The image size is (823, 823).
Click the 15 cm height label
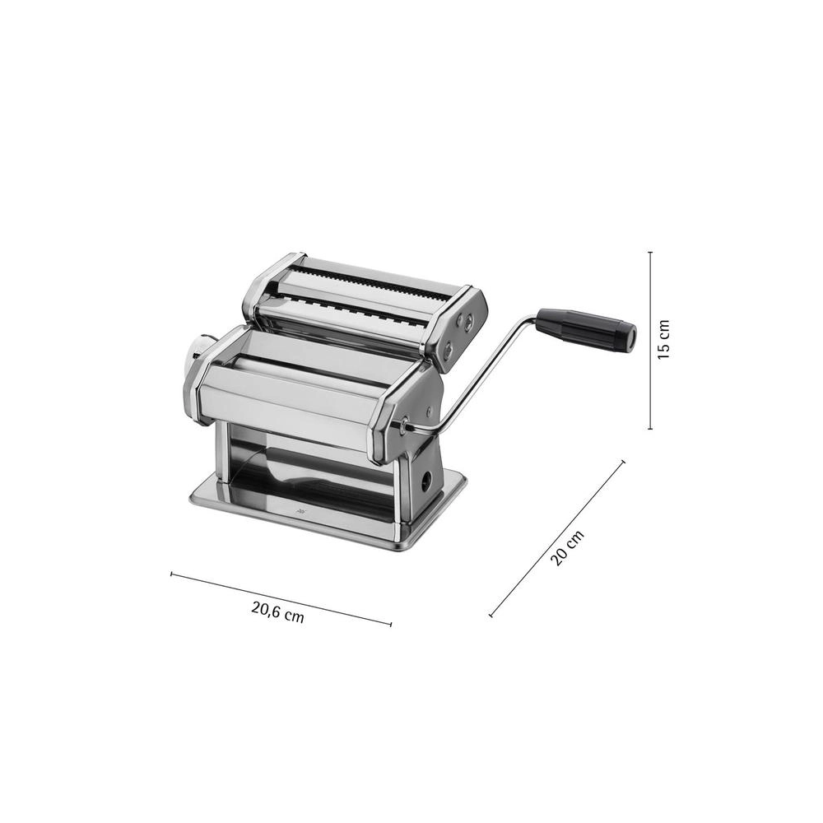(x=664, y=339)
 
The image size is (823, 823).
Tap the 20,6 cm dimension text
(x=277, y=612)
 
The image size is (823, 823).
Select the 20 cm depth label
(x=567, y=548)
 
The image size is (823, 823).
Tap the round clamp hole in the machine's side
(x=426, y=478)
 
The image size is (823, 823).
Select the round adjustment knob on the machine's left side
(x=198, y=351)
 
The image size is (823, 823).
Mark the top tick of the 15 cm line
(x=650, y=253)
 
